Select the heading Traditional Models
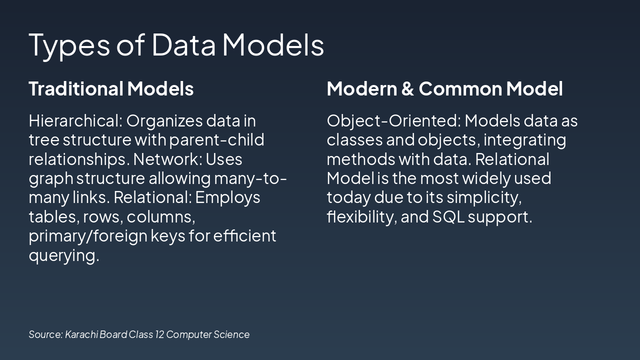coord(111,89)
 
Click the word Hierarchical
coord(74,121)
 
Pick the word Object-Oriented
coord(393,121)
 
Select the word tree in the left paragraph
coord(43,140)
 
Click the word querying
coord(63,255)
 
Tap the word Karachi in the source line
coord(81,334)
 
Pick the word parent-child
coord(216,140)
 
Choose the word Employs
coord(227,198)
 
